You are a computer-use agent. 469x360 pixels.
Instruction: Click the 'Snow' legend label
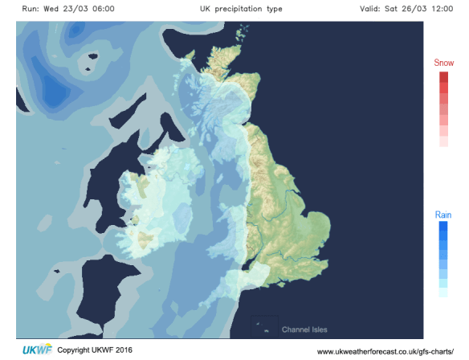coord(443,63)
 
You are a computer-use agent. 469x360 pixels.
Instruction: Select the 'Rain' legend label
coord(443,215)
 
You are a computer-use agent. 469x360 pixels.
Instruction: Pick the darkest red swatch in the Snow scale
coord(443,76)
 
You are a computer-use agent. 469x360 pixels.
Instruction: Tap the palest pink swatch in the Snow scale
coord(443,141)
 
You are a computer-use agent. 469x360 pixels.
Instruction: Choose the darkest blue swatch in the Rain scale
coord(443,227)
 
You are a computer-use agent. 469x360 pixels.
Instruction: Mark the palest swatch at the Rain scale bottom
coord(443,293)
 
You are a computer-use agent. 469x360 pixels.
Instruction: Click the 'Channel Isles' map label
coord(304,329)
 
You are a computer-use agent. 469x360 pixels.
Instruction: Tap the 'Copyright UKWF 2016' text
coord(100,350)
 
